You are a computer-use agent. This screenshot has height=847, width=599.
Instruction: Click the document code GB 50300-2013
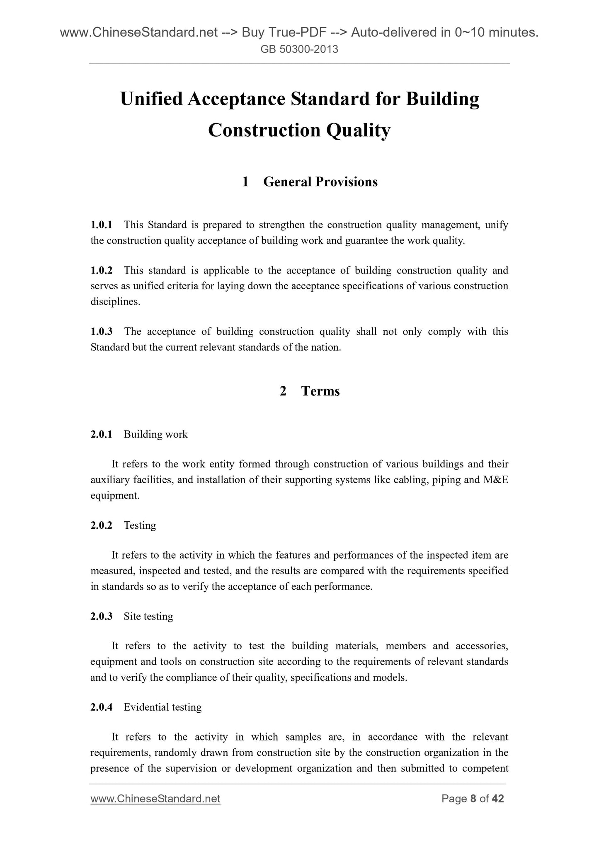pyautogui.click(x=299, y=50)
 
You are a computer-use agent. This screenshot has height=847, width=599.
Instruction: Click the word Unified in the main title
pyautogui.click(x=150, y=99)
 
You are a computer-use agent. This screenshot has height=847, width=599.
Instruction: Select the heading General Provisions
pyautogui.click(x=320, y=181)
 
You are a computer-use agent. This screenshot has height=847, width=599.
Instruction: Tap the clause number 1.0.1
pyautogui.click(x=101, y=225)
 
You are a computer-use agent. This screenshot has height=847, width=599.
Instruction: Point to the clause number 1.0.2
pyautogui.click(x=101, y=271)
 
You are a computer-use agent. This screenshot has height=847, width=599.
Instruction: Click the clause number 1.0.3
pyautogui.click(x=101, y=332)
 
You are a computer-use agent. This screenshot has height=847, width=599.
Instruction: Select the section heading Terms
pyautogui.click(x=320, y=391)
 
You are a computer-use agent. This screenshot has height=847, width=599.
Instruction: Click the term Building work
pyautogui.click(x=155, y=434)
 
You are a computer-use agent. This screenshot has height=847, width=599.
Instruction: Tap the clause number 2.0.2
pyautogui.click(x=101, y=525)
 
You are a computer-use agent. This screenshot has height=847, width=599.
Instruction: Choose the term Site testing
pyautogui.click(x=148, y=616)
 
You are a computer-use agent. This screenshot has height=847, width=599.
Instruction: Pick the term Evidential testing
pyautogui.click(x=162, y=707)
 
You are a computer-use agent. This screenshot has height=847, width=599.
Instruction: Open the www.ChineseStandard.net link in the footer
pyautogui.click(x=155, y=799)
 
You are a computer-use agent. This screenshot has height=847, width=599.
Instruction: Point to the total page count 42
pyautogui.click(x=497, y=799)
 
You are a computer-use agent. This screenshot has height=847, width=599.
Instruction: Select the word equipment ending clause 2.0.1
pyautogui.click(x=114, y=496)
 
